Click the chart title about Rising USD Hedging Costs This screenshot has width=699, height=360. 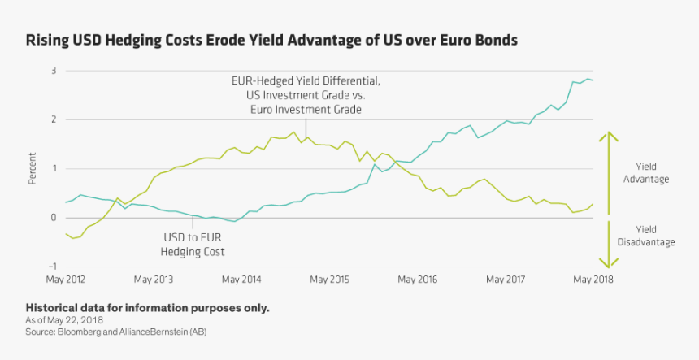(271, 40)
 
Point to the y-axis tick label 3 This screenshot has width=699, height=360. (53, 71)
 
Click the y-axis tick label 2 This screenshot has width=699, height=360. (53, 119)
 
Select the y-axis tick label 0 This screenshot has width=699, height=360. (53, 218)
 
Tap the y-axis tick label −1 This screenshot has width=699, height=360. (51, 267)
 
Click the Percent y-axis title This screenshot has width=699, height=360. (33, 169)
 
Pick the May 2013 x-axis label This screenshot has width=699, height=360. (154, 280)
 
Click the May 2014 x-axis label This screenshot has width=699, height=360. (241, 280)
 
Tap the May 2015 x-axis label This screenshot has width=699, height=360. (329, 280)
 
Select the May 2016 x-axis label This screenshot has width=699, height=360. (417, 280)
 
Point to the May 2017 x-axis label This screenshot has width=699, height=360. (505, 280)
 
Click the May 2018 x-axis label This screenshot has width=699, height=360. (593, 280)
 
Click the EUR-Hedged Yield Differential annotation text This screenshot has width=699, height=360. (305, 95)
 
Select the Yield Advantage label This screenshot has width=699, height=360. (647, 172)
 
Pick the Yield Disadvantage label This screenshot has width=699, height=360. (647, 236)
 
